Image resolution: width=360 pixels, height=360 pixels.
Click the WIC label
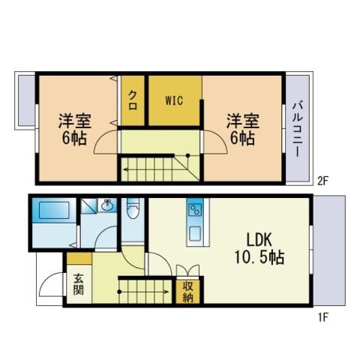(174, 100)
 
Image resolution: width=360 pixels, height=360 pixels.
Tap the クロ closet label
(133, 100)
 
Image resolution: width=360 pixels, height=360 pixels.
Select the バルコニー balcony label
(298, 129)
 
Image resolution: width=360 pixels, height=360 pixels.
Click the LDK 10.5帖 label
(259, 248)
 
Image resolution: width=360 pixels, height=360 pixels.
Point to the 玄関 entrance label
(79, 284)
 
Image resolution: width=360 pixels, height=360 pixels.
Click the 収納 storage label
(188, 292)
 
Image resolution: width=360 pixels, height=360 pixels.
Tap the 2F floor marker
(322, 181)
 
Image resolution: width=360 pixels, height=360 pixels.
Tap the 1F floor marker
(322, 317)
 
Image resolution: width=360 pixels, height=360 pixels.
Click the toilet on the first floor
(133, 208)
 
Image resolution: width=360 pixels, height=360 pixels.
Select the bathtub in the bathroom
(54, 210)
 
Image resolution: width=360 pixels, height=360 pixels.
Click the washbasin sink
(108, 205)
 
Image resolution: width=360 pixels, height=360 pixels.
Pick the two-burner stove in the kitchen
(195, 209)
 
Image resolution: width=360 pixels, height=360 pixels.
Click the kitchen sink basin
(195, 233)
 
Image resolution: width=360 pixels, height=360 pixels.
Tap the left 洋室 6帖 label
(74, 129)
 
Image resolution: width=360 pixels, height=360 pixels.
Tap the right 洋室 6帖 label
(242, 129)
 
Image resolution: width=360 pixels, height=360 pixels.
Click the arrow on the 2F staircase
(155, 170)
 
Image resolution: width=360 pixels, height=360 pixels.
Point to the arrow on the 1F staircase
(144, 292)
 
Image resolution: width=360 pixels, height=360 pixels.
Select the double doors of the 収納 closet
(187, 271)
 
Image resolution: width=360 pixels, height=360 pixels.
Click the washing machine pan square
(88, 206)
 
